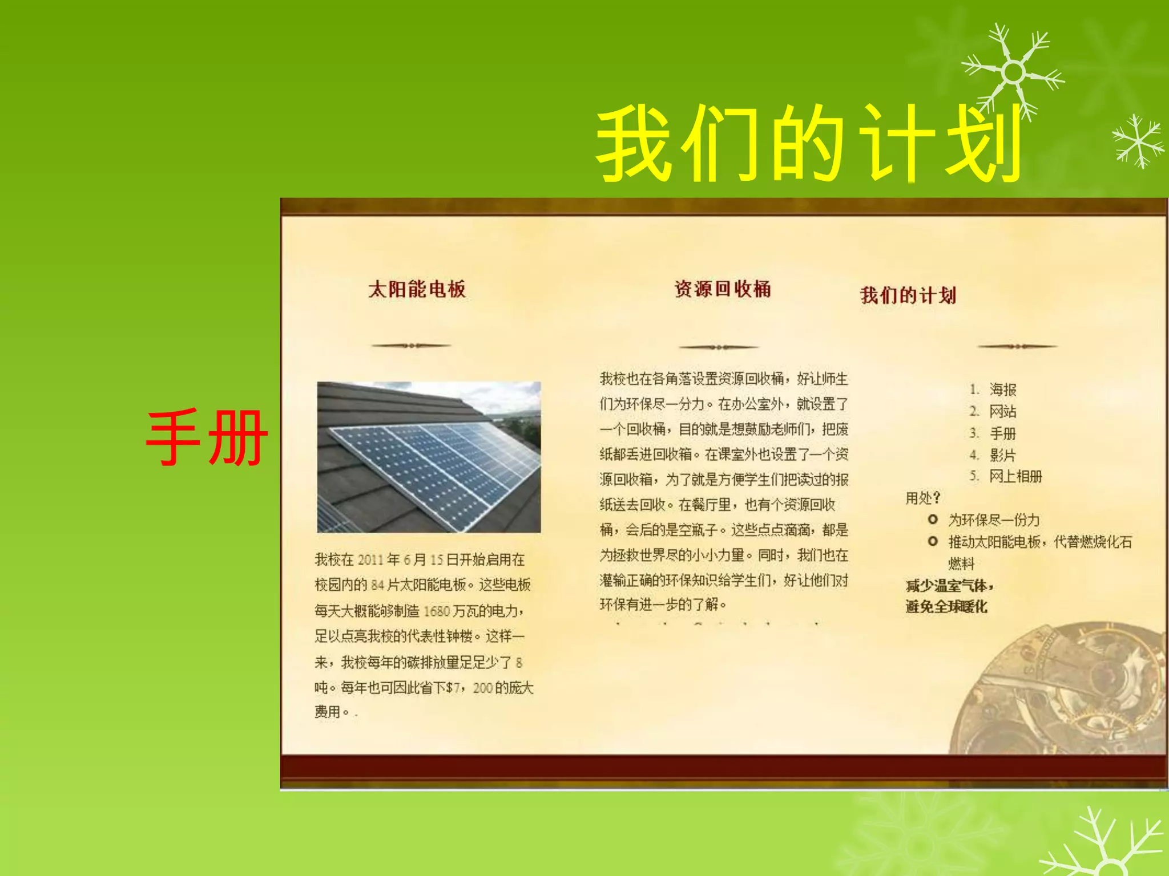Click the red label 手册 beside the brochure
click(207, 438)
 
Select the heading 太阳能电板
click(417, 289)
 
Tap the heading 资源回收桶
click(723, 289)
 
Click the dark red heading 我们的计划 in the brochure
click(908, 295)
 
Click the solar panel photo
click(429, 457)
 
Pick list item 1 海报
click(1002, 390)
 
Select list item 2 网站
click(1002, 411)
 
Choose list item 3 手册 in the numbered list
click(1002, 433)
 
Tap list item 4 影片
click(1002, 455)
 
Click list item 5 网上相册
click(1015, 477)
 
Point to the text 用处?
click(922, 498)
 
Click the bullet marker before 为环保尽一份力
click(933, 520)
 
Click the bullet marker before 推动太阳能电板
click(933, 541)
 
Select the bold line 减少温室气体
click(950, 586)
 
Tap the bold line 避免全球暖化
click(946, 607)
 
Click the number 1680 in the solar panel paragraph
click(437, 611)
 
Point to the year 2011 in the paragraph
click(370, 560)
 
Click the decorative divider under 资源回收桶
click(719, 347)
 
